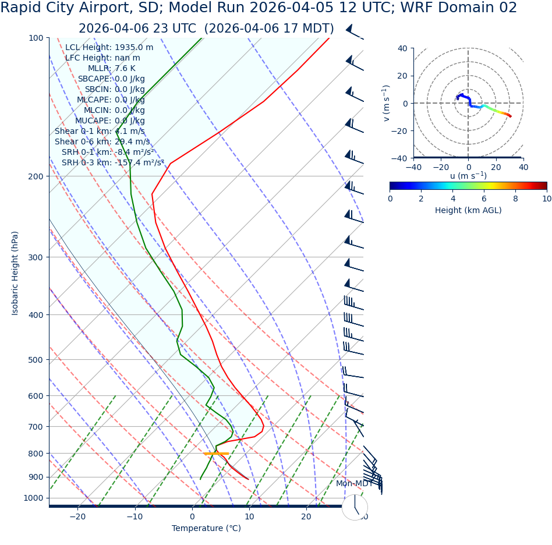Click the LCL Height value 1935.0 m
(134, 47)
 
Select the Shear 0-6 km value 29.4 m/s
(126, 141)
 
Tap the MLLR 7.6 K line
(111, 68)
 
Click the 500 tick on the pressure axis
(36, 360)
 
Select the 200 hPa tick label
(36, 176)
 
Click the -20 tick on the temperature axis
(77, 516)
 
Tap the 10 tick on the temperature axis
(249, 516)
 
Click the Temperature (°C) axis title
(206, 528)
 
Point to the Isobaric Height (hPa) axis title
(15, 273)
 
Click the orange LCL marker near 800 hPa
(216, 454)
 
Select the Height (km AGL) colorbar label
(468, 210)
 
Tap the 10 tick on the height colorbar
(546, 199)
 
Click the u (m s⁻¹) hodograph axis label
(468, 176)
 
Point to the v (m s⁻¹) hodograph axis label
(386, 103)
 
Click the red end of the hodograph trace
(510, 116)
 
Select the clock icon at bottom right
(355, 507)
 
